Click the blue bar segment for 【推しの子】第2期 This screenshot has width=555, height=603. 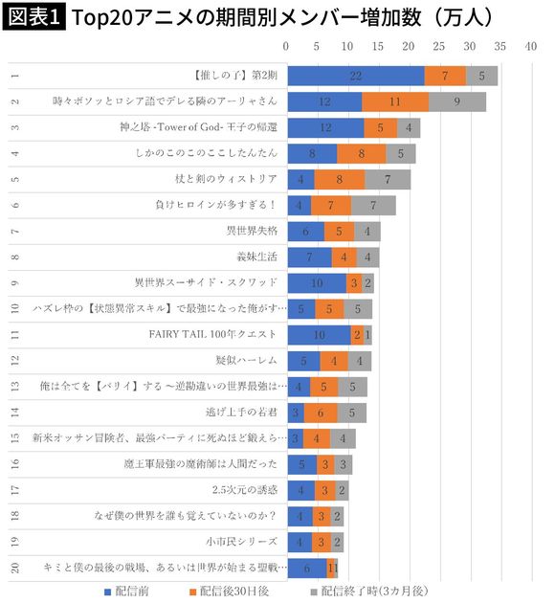356,75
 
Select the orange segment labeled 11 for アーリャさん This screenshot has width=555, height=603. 395,100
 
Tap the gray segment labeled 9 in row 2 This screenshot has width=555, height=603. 457,100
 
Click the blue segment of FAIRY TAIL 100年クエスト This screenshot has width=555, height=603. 319,334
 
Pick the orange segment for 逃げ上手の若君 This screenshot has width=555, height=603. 321,413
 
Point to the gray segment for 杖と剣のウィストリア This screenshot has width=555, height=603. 388,179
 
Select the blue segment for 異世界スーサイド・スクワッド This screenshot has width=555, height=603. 318,282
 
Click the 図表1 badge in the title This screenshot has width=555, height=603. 35,16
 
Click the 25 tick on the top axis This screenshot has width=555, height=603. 439,46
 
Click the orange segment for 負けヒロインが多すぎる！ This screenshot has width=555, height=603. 331,205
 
